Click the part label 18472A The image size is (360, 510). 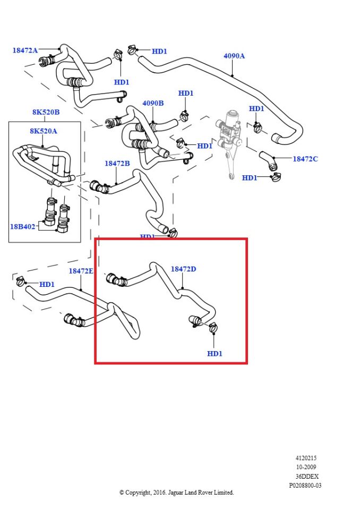coord(25,50)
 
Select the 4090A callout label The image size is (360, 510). coord(234,55)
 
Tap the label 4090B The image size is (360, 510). coord(153,103)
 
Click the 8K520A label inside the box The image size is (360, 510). coord(43,130)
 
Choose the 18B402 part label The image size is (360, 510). coord(22,226)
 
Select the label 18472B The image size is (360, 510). coord(117,164)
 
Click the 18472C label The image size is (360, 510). coord(305,159)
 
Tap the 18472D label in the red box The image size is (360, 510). coord(183,269)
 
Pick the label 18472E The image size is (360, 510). coord(81,271)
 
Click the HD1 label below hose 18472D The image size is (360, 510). coord(215,353)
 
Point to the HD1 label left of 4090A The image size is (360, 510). coord(159,52)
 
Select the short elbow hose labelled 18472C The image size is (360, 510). coord(269,161)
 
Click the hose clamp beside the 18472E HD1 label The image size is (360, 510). coord(20,281)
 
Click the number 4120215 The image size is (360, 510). coord(306,458)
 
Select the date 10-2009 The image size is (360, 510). coord(306,467)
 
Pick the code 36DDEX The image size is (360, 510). coord(307,476)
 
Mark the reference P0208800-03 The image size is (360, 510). coord(305,485)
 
